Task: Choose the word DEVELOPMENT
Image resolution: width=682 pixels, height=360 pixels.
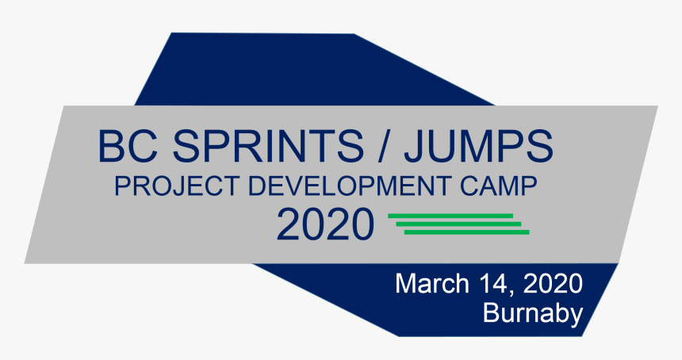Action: click(350, 186)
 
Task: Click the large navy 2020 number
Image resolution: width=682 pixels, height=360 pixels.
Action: click(325, 225)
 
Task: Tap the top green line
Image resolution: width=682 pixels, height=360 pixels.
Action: click(450, 216)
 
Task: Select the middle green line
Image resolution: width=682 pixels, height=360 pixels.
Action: click(458, 224)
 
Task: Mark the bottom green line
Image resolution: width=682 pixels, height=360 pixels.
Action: click(466, 232)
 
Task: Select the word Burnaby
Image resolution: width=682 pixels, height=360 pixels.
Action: click(533, 313)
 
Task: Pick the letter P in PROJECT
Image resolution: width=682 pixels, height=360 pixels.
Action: click(121, 186)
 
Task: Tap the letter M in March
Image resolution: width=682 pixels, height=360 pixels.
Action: click(407, 283)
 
